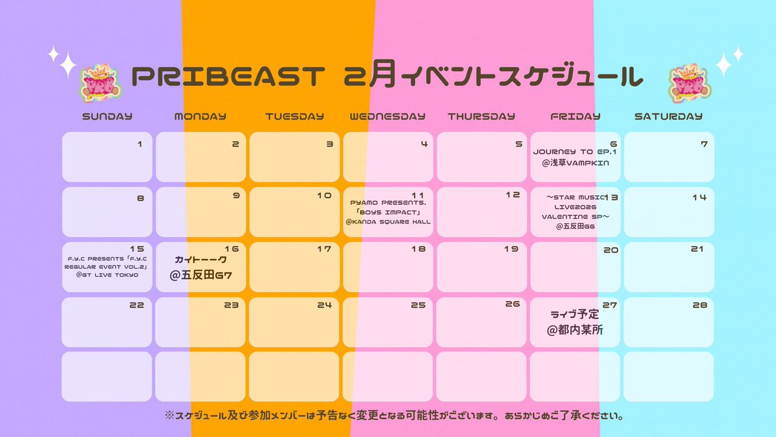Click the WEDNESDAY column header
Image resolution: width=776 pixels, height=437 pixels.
coord(387,117)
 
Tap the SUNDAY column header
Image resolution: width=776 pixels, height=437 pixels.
coord(107,117)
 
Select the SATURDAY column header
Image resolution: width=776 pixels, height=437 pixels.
coord(668,117)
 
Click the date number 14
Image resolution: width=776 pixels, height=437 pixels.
coord(699,197)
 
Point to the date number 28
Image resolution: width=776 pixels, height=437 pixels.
coord(699,304)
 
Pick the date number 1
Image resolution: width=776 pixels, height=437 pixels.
coord(140,144)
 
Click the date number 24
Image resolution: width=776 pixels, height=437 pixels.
coord(324,304)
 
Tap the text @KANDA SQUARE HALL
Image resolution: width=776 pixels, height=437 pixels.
coord(388,222)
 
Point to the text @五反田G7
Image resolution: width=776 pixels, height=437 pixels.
coord(200,275)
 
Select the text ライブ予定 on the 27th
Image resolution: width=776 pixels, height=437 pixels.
coord(574,315)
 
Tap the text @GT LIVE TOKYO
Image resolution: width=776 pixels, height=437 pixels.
coord(107,274)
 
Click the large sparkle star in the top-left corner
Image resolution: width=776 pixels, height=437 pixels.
coord(67,65)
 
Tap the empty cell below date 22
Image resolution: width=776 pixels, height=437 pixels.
coord(107,376)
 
